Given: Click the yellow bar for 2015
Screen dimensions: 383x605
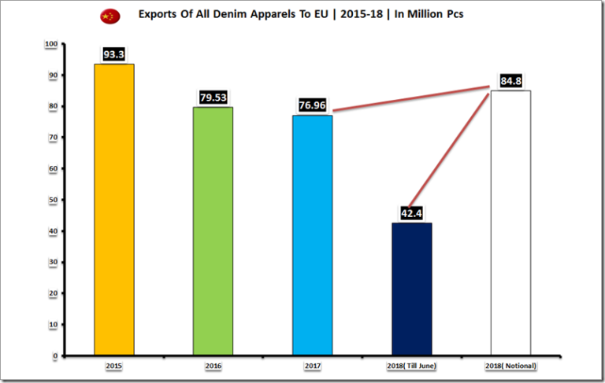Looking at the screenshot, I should [114, 209].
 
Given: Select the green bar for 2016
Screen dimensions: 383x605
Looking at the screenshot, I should [213, 230].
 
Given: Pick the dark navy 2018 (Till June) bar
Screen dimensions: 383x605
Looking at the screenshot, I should [411, 289].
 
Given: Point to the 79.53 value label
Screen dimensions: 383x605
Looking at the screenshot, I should [213, 98].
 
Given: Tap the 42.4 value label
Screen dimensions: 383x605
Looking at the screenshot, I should [410, 213].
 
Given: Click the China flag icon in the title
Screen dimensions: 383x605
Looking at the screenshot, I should [109, 16].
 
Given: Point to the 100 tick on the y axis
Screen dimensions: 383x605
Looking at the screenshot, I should [50, 43].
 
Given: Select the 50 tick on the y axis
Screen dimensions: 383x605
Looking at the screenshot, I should [52, 200].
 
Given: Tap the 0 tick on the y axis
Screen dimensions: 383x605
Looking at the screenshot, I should [55, 355].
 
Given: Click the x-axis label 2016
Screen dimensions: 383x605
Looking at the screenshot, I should [213, 366].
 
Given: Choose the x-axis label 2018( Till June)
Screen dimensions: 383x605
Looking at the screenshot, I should [411, 366].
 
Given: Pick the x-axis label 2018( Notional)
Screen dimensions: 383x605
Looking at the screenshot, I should [510, 366].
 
